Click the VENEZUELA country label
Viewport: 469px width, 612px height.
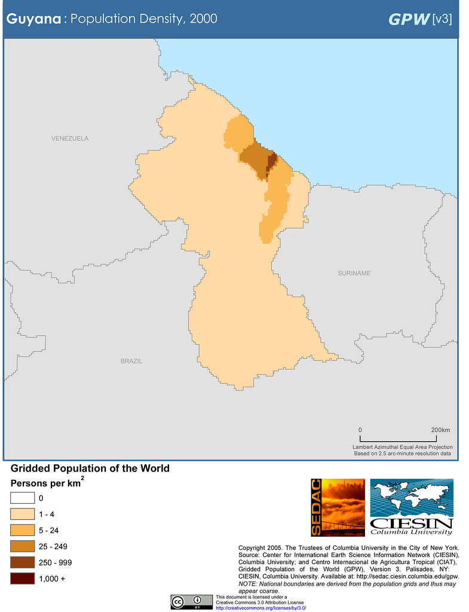coord(69,139)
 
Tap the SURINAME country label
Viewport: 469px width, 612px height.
coord(354,273)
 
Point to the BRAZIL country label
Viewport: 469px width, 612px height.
coord(131,361)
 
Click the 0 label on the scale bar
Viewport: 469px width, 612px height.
coord(360,430)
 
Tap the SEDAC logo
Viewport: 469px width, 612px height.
coord(338,507)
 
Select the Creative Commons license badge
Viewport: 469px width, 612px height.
coord(192,602)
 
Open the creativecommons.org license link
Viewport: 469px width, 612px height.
coord(260,608)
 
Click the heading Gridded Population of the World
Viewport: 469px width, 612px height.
coord(90,469)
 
